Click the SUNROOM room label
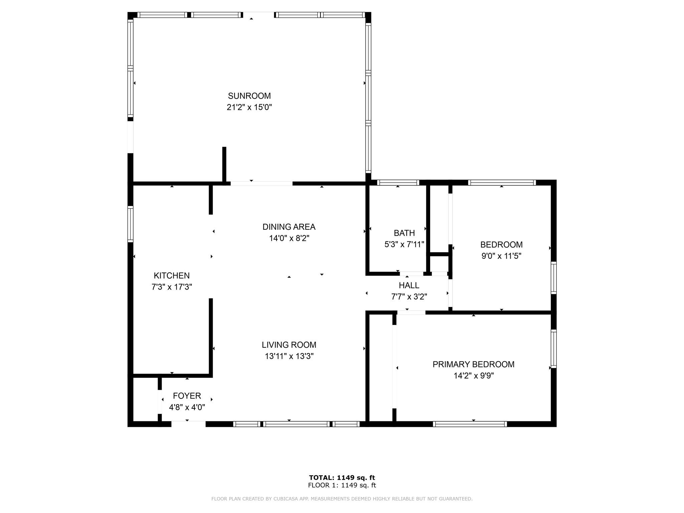pos(249,96)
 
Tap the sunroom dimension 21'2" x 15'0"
pos(249,107)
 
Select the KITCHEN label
pos(172,276)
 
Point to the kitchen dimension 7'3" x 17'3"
pos(172,287)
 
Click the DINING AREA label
pos(289,227)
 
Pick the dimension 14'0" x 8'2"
pos(289,238)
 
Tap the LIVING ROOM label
pos(289,345)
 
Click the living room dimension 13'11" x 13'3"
pos(289,356)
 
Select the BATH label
pos(404,233)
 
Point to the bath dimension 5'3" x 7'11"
pos(404,244)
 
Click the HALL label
pos(409,285)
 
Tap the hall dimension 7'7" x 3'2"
pos(409,297)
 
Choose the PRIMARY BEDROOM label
pos(474,364)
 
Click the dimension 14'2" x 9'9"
pos(474,376)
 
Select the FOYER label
pos(187,396)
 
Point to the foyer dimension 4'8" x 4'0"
pos(187,407)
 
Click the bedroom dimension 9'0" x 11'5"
pos(501,256)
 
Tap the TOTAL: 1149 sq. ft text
pos(342,478)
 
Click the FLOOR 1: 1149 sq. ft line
pos(342,485)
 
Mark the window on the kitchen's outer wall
pos(131,224)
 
